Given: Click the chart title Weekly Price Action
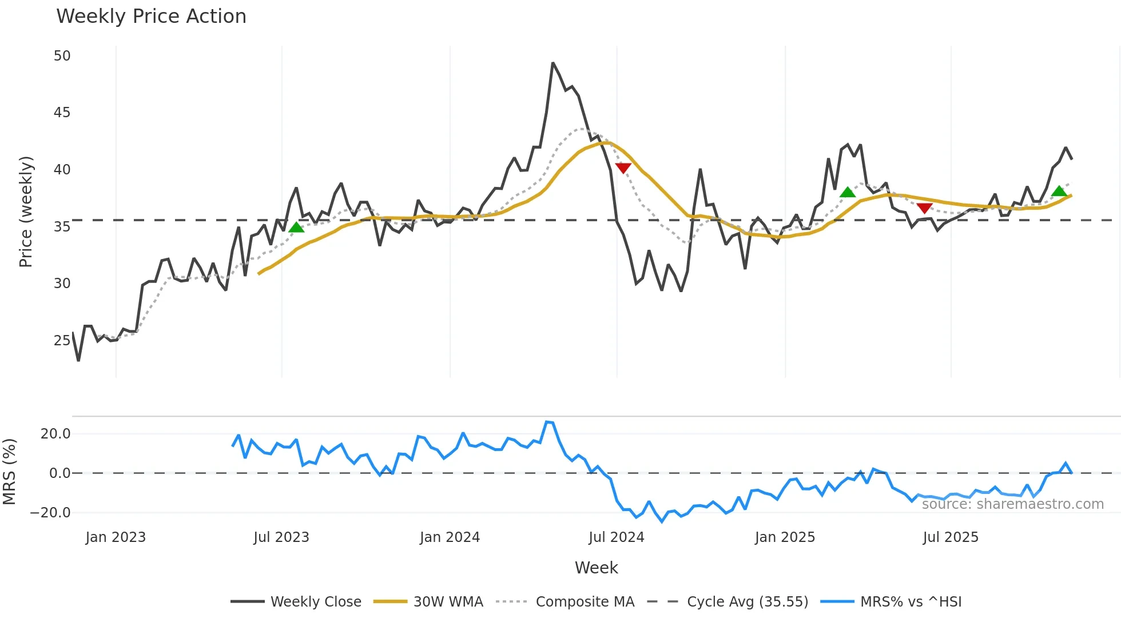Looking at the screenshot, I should click(151, 17).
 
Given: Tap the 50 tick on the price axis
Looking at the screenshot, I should click(62, 56).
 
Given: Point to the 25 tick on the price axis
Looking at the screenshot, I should click(62, 341).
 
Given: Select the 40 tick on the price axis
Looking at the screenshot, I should click(62, 170).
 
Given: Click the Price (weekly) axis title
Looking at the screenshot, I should click(26, 212).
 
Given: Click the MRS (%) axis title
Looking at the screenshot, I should click(9, 472).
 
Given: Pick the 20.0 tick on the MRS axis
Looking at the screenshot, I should click(55, 434).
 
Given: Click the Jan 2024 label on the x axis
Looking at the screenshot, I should click(450, 537).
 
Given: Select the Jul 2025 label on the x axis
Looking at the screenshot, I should click(951, 537).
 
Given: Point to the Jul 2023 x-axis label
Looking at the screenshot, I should click(281, 537).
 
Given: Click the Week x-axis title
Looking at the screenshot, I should click(596, 568).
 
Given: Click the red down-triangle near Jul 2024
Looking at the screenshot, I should click(623, 168).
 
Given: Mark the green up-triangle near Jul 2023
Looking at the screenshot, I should click(296, 228).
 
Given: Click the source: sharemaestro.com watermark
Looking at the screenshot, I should click(1012, 504).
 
